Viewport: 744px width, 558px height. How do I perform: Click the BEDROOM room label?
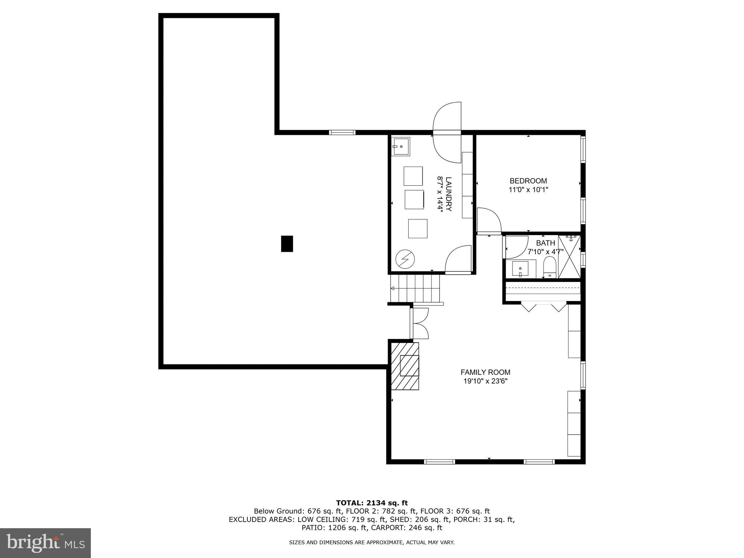tap(528, 181)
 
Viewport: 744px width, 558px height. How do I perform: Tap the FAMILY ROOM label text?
tap(485, 372)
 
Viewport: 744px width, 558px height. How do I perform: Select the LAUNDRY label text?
tap(449, 194)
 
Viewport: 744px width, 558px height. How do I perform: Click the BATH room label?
tap(545, 243)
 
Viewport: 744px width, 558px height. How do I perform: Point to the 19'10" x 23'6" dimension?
tap(485, 381)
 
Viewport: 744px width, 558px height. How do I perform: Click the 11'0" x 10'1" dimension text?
tap(528, 190)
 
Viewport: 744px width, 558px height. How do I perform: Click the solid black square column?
tap(287, 244)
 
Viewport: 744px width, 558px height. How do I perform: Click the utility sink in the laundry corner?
tap(401, 146)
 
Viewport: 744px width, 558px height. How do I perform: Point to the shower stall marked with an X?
tap(569, 257)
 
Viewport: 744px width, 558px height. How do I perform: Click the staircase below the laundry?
tap(415, 288)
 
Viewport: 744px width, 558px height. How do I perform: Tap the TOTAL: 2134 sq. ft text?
tap(372, 503)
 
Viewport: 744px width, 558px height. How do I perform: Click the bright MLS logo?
tap(45, 543)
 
